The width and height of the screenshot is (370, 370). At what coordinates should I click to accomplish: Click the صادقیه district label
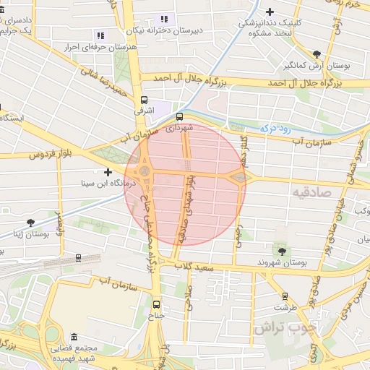311,192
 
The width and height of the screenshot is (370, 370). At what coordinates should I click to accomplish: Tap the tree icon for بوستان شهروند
281,251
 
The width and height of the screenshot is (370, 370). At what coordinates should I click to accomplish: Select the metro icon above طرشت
285,296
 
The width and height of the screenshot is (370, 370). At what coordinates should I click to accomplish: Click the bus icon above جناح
157,304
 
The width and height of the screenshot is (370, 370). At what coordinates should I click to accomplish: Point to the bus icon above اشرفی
143,100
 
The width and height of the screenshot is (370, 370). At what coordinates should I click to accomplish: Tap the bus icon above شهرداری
179,116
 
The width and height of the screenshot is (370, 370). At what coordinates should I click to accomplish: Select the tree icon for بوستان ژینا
30,223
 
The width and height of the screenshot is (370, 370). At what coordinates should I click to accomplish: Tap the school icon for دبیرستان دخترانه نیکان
164,19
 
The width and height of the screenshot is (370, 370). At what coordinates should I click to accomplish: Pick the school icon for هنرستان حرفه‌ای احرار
100,35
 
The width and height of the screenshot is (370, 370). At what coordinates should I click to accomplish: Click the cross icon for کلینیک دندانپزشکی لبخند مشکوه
270,12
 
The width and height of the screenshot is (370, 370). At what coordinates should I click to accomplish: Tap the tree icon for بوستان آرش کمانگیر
317,53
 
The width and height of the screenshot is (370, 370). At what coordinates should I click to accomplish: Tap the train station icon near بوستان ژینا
77,257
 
